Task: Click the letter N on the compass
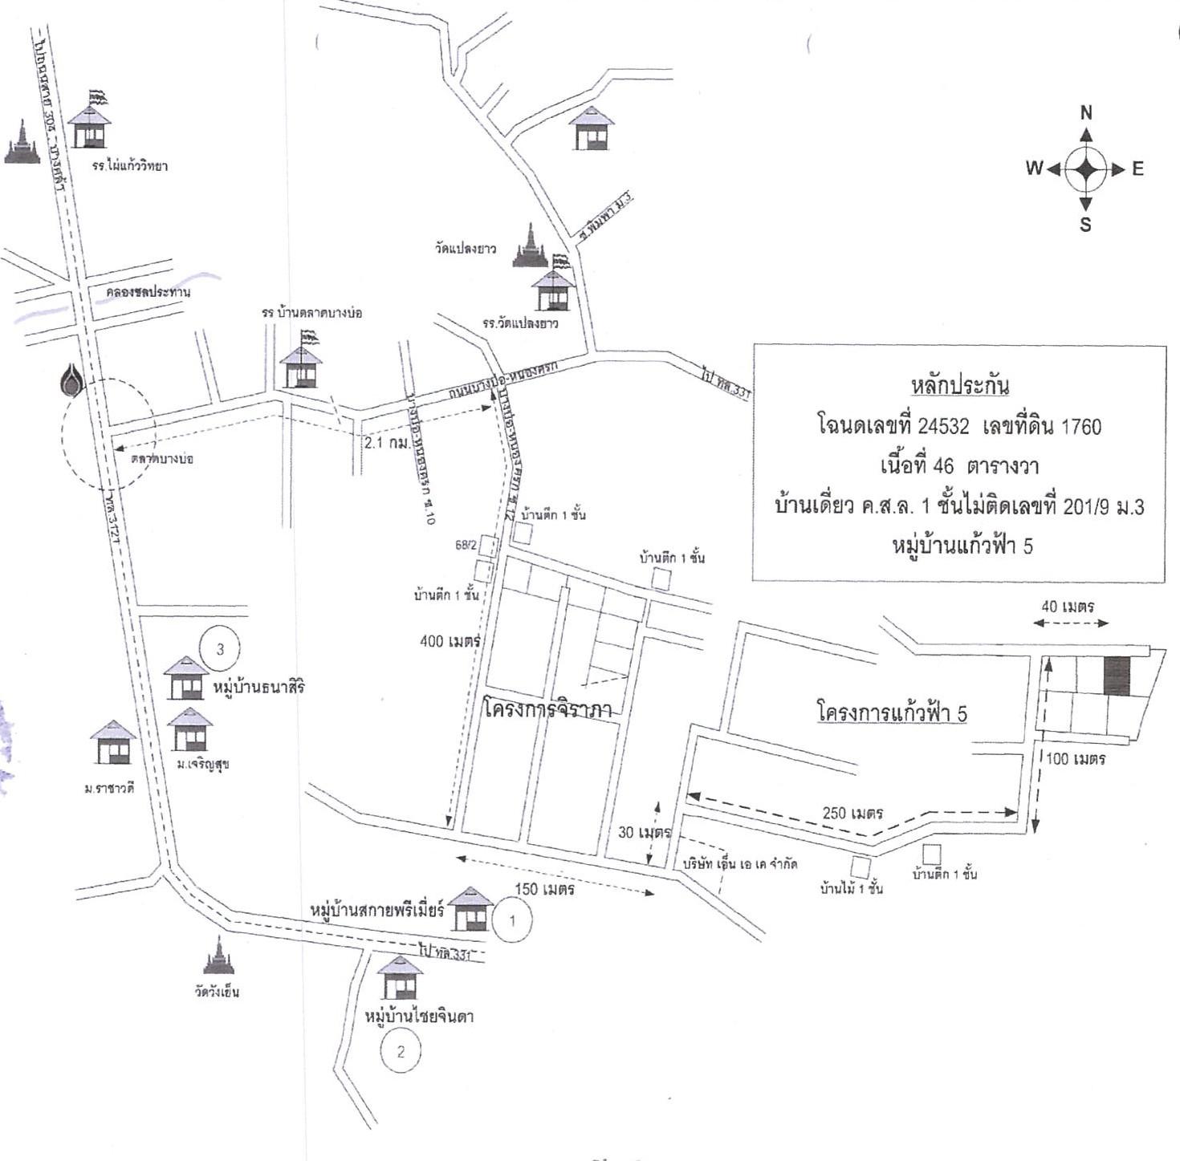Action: [x=1086, y=113]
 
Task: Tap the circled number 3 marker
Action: [x=220, y=648]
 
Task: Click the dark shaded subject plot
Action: [x=1116, y=676]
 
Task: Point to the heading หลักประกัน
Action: [x=960, y=385]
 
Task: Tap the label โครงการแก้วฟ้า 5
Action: [x=891, y=712]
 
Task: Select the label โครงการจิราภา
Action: [x=548, y=709]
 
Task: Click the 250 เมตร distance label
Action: [x=852, y=813]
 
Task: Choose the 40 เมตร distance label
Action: [x=1068, y=607]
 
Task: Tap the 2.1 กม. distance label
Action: [x=386, y=442]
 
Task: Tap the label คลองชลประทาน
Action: [x=148, y=292]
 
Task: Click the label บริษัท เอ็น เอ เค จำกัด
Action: [x=739, y=864]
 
